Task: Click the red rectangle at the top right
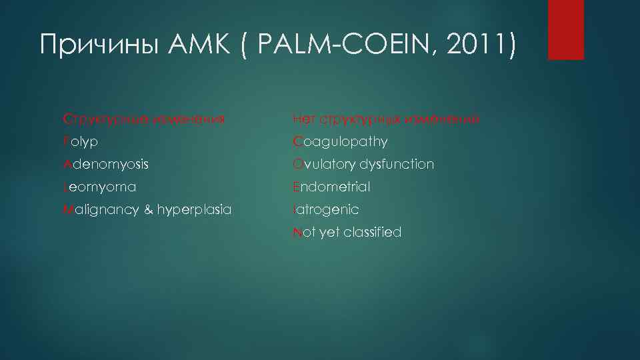(565, 29)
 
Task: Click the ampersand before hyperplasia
(146, 210)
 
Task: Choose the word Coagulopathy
(340, 142)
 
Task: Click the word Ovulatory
(324, 164)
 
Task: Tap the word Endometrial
(331, 187)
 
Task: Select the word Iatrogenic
(326, 210)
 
